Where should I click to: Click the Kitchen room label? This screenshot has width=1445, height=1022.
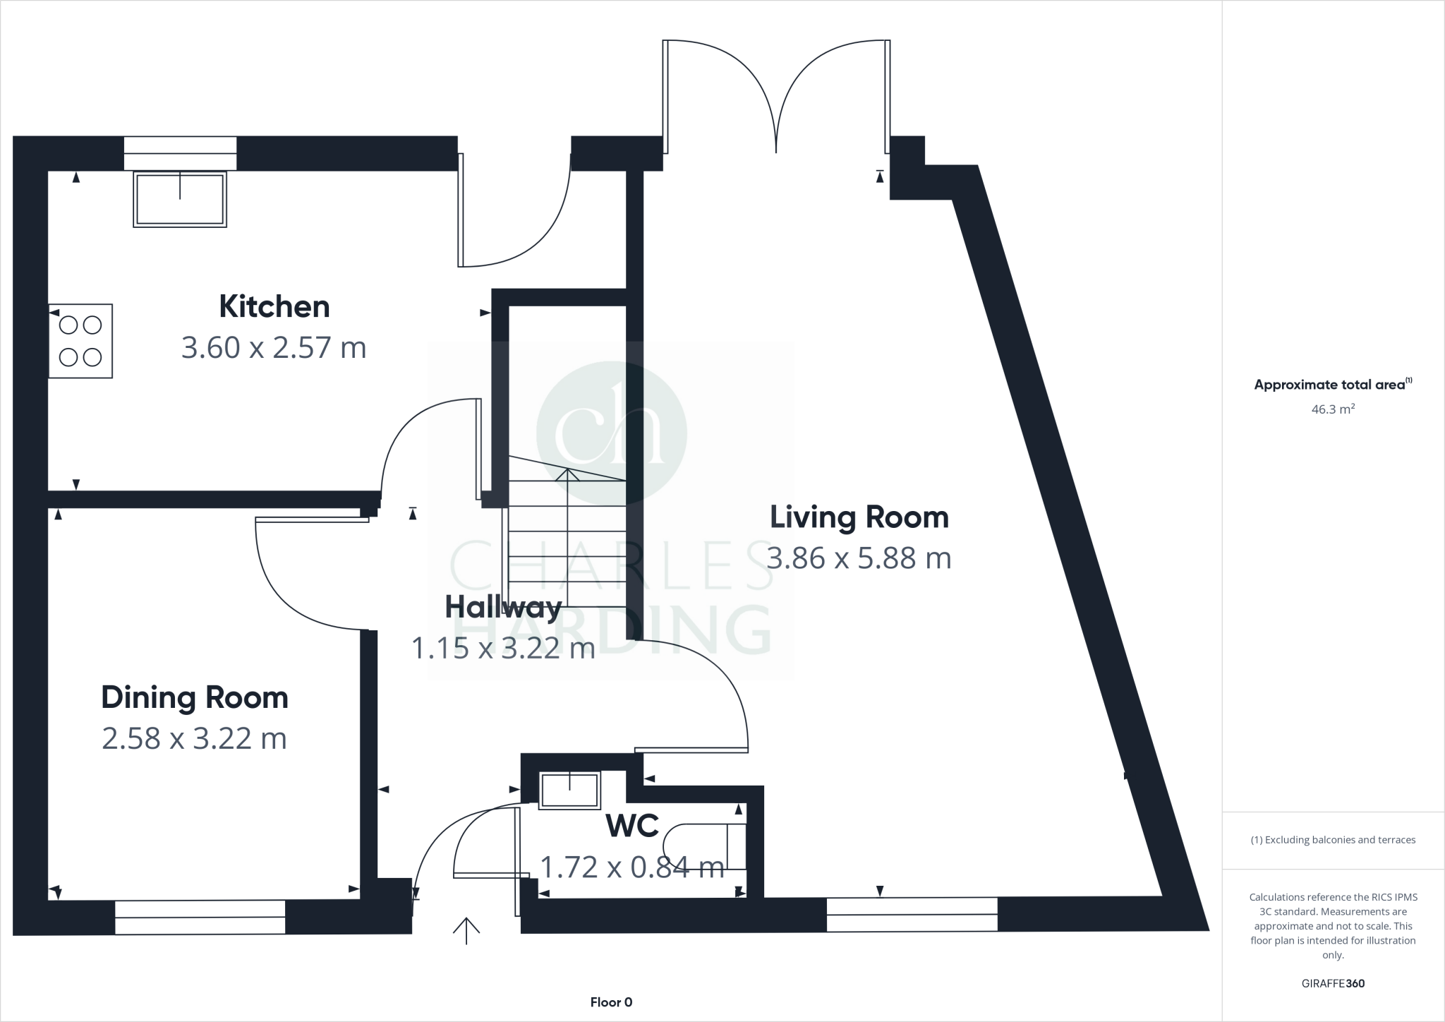[x=274, y=306]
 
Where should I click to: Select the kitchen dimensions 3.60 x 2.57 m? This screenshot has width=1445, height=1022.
[x=274, y=348]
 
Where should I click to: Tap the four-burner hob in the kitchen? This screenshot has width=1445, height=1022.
[x=80, y=341]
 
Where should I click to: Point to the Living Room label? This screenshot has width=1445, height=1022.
[x=859, y=517]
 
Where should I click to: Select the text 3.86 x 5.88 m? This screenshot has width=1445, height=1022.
[x=859, y=558]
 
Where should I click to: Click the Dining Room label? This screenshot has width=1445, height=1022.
[x=195, y=697]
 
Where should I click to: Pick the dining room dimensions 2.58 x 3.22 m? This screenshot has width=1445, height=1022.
[x=195, y=739]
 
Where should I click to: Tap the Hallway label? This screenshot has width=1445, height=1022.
[x=503, y=606]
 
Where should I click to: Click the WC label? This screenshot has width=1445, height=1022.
[x=632, y=825]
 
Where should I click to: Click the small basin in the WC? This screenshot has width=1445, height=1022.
[x=569, y=790]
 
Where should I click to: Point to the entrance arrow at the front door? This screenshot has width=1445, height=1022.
[x=466, y=930]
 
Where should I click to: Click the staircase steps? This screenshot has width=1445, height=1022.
[x=567, y=543]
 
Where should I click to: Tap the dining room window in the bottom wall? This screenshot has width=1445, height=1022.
[x=200, y=917]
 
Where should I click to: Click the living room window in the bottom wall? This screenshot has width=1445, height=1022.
[x=912, y=914]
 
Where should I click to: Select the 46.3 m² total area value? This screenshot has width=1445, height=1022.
[x=1332, y=409]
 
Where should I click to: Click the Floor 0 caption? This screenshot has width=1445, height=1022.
[x=611, y=1002]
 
